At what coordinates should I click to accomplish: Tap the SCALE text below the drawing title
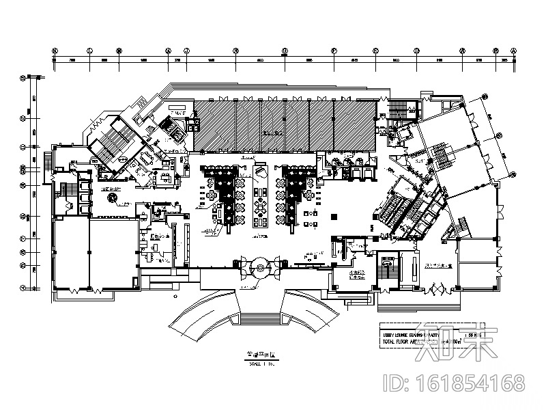pyautogui.click(x=254, y=364)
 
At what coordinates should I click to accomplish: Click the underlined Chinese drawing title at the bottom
pyautogui.click(x=254, y=356)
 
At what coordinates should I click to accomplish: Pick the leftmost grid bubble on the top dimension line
pyautogui.click(x=55, y=51)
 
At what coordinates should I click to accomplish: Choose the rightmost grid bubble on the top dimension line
pyautogui.click(x=514, y=51)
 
